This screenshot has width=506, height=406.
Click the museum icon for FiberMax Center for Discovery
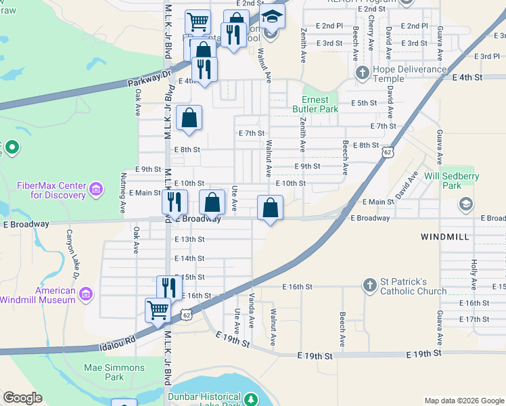[x=96, y=189]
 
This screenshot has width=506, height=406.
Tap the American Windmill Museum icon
[x=85, y=294]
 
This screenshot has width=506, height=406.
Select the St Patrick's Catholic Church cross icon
[x=369, y=286]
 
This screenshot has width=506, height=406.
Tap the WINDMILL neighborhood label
[x=443, y=237]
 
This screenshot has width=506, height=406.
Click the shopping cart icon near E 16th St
[x=158, y=310]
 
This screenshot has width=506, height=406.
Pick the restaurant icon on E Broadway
[x=175, y=200]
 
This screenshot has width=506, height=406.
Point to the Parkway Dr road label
[x=150, y=79]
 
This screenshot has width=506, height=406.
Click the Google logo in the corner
[x=22, y=398]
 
